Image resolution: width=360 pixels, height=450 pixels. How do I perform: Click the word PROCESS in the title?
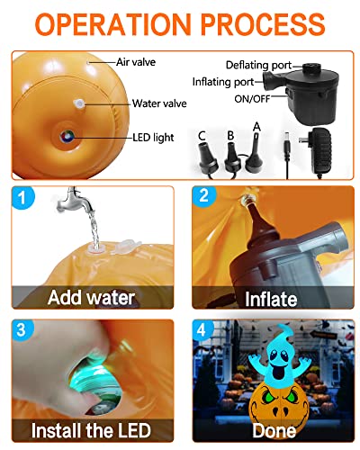[x=263, y=24]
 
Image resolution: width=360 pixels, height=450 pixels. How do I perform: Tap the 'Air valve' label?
[x=136, y=62]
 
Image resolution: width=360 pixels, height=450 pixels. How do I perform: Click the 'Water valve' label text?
[x=159, y=103]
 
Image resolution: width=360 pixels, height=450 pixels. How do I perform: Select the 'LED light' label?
[x=153, y=138]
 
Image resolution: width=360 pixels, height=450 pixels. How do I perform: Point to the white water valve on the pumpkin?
[x=79, y=103]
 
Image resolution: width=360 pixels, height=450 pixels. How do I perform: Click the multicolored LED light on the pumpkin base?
[x=67, y=137]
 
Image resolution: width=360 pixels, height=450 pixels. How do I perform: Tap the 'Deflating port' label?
[x=258, y=65]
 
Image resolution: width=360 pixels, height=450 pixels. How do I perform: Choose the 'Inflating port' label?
[x=223, y=82]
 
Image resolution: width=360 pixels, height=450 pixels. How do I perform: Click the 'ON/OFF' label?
[x=252, y=99]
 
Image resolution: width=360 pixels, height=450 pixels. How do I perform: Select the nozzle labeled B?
[x=232, y=157]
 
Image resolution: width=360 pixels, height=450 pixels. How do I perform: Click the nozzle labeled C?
[x=208, y=158]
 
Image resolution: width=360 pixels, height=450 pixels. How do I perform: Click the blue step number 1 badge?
[x=22, y=197]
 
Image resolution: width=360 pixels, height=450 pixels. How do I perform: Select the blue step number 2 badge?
[x=204, y=196]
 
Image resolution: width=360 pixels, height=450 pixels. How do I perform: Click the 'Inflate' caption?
[x=271, y=299]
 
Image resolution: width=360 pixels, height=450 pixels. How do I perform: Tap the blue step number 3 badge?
[x=22, y=329]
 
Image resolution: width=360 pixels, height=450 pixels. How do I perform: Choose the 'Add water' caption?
[x=91, y=297]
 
